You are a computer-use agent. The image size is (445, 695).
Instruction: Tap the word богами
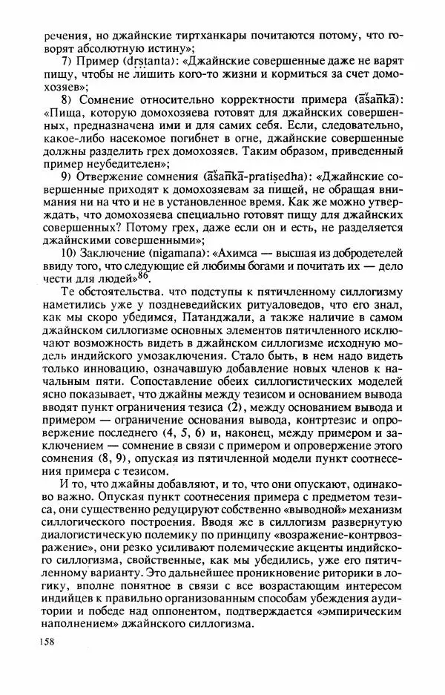click(x=236, y=269)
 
